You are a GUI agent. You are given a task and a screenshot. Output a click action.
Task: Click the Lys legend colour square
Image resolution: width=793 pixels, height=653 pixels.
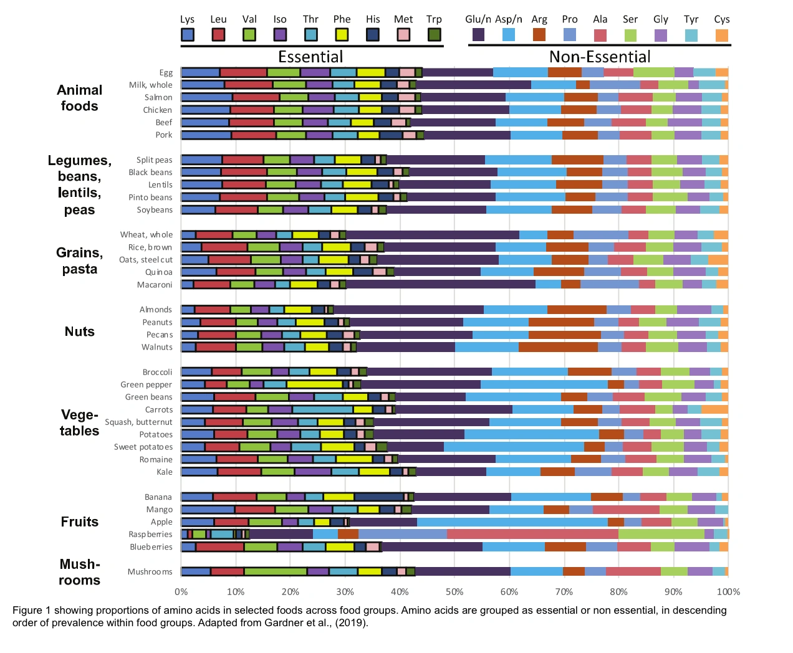coord(187,35)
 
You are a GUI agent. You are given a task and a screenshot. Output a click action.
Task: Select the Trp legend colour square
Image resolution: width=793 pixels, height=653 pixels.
coord(435,35)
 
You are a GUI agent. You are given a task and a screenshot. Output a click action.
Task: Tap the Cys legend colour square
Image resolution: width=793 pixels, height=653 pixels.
coord(722,35)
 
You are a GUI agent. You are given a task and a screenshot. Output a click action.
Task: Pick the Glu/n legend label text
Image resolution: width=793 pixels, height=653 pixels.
coord(478,19)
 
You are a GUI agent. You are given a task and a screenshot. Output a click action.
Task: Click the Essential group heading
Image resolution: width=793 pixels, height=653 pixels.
coord(310,57)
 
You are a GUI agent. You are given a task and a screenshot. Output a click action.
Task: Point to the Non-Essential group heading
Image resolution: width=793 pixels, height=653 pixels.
coord(600,57)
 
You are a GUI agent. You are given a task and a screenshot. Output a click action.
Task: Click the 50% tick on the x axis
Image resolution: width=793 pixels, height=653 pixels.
coord(454,592)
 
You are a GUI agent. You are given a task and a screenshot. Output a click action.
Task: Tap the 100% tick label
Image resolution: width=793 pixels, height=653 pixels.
coord(728,592)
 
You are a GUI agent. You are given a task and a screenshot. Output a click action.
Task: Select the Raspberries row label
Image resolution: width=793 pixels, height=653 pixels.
coord(150,534)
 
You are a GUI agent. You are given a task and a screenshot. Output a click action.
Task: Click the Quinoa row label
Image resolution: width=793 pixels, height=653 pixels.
coord(158,272)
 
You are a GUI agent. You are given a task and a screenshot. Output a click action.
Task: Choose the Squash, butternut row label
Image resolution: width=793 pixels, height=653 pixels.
coord(138,422)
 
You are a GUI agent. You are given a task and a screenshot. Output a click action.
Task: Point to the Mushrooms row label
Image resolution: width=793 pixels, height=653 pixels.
coord(150,571)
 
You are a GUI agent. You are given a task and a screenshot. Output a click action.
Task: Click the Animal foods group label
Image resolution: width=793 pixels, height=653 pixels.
coord(79,98)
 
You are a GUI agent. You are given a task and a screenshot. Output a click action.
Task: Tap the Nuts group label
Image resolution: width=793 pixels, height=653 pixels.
coord(79,331)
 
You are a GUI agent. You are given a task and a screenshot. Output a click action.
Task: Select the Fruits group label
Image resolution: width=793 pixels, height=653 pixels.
coord(79,522)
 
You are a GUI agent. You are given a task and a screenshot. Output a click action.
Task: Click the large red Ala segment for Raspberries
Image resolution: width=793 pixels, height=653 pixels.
coord(532,534)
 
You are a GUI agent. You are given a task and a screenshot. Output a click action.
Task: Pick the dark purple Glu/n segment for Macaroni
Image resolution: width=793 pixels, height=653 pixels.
coord(441,285)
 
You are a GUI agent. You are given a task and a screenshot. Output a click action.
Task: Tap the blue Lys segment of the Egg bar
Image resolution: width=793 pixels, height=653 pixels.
coord(200,72)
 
